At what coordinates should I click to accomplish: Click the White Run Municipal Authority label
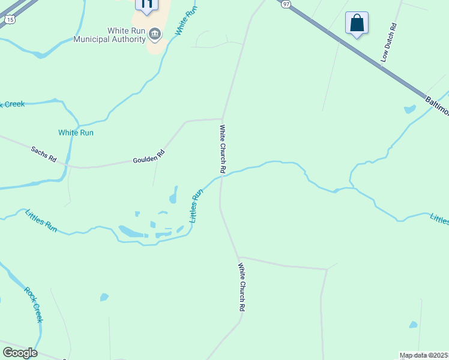[x=109, y=35]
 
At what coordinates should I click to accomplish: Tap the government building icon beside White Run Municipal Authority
[x=155, y=34]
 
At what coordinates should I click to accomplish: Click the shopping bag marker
[x=357, y=23]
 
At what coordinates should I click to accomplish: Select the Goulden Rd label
[x=148, y=158]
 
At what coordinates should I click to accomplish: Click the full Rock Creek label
[x=34, y=304]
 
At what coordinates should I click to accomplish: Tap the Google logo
[x=20, y=353]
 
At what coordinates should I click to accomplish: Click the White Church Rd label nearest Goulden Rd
[x=222, y=149]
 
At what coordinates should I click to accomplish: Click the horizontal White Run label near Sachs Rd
[x=76, y=133]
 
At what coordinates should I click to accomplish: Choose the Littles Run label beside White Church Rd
[x=197, y=206]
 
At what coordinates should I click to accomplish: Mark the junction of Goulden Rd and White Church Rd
[x=223, y=119]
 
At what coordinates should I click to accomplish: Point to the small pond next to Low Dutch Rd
[x=410, y=109]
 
